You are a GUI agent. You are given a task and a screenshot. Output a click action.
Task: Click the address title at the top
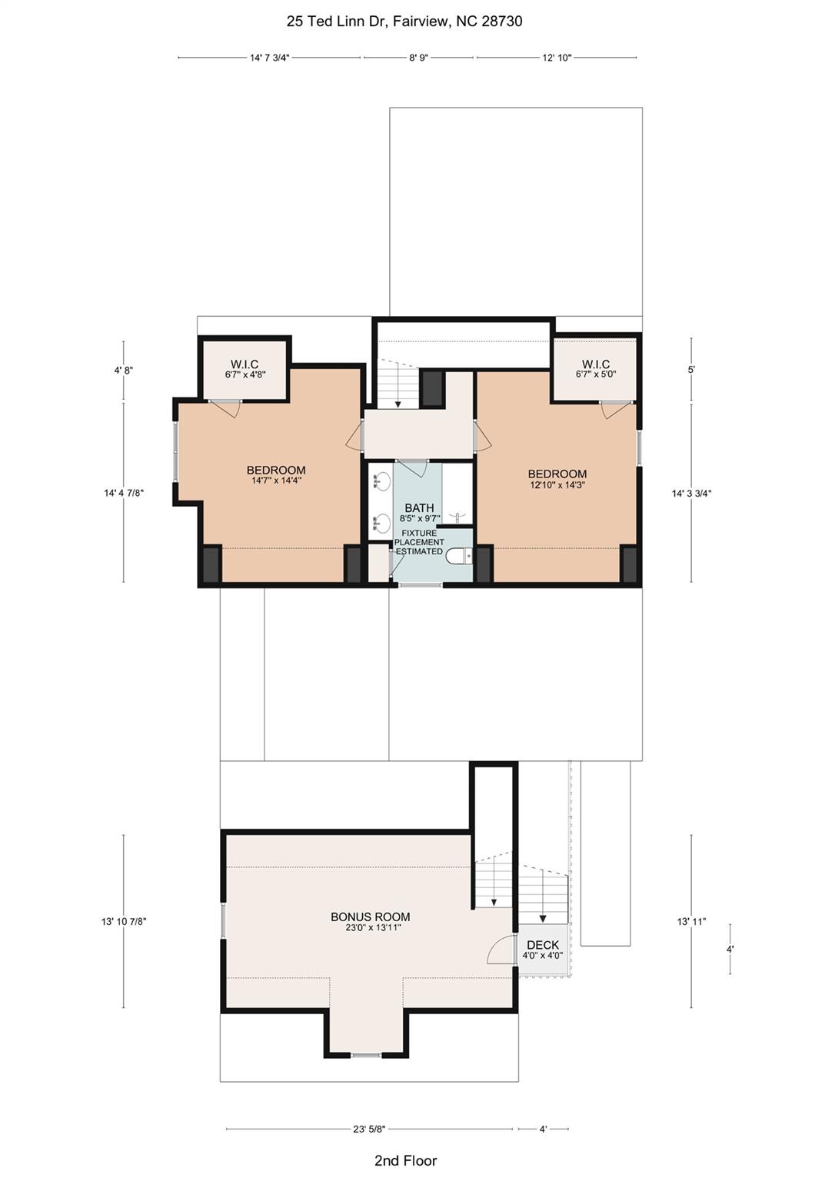pyautogui.click(x=404, y=22)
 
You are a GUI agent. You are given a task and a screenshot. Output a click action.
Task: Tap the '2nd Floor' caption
pyautogui.click(x=405, y=1161)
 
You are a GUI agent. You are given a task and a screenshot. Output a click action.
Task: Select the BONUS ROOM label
pyautogui.click(x=370, y=917)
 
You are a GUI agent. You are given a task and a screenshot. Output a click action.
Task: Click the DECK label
pyautogui.click(x=543, y=945)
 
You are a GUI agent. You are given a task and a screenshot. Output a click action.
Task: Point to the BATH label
pyautogui.click(x=419, y=508)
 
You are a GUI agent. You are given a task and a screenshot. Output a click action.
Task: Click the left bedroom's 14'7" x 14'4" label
pyautogui.click(x=276, y=481)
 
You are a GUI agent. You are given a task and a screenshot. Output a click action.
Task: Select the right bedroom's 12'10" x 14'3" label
pyautogui.click(x=557, y=485)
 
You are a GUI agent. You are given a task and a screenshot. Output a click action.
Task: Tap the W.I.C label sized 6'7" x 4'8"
pyautogui.click(x=245, y=364)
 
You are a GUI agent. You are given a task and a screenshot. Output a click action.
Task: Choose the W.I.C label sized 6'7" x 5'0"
pyautogui.click(x=596, y=364)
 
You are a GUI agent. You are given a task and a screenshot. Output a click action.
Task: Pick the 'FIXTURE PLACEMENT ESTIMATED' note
pyautogui.click(x=419, y=542)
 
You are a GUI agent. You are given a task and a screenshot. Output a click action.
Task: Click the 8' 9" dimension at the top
pyautogui.click(x=418, y=58)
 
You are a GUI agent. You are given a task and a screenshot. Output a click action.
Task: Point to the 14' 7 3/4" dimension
pyautogui.click(x=269, y=58)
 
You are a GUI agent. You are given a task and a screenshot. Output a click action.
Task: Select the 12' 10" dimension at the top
pyautogui.click(x=557, y=58)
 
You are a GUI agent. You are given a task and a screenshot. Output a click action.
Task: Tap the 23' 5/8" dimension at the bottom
pyautogui.click(x=369, y=1129)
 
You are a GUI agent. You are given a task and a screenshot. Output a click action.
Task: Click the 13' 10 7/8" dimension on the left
pyautogui.click(x=124, y=921)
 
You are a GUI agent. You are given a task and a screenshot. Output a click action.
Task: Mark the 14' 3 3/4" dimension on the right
pyautogui.click(x=691, y=494)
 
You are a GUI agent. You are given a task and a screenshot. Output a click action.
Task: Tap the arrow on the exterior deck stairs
pyautogui.click(x=543, y=917)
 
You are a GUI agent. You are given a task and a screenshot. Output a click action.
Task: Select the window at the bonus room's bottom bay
pyautogui.click(x=366, y=1056)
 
